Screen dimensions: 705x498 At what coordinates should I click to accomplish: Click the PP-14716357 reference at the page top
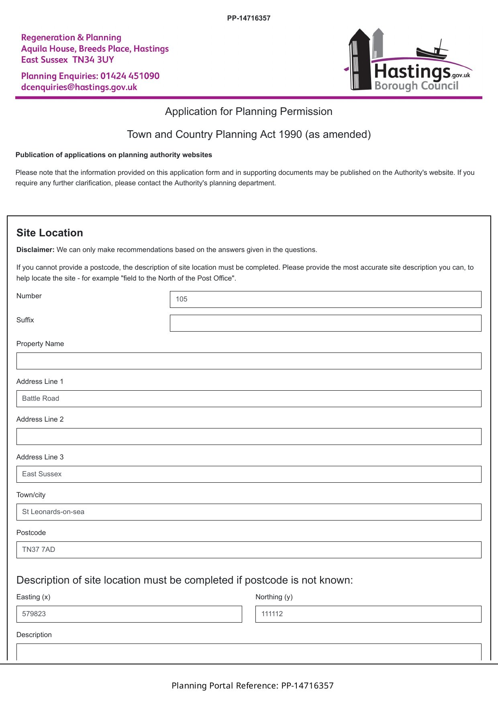click(249, 18)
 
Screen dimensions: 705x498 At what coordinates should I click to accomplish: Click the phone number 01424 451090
click(130, 76)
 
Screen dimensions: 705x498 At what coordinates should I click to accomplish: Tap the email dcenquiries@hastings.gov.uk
click(79, 87)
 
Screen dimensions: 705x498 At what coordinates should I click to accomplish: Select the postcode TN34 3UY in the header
click(93, 60)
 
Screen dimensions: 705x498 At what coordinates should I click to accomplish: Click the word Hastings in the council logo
click(412, 72)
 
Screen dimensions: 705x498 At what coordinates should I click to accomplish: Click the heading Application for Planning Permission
click(249, 112)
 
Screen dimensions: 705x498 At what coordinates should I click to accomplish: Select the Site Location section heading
click(50, 233)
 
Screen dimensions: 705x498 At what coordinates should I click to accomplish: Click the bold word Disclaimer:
click(35, 250)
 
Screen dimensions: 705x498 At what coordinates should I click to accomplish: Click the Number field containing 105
click(325, 299)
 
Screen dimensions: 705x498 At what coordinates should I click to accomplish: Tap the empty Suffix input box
click(325, 323)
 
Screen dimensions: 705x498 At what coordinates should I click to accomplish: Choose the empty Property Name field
click(249, 361)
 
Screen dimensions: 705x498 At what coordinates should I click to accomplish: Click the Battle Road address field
click(249, 399)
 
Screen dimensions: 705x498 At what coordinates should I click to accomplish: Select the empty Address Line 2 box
click(249, 437)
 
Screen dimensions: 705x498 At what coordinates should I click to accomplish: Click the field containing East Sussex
click(249, 474)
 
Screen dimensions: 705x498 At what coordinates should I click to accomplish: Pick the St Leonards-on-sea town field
click(249, 512)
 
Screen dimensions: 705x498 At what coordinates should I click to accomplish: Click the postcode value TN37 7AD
click(39, 550)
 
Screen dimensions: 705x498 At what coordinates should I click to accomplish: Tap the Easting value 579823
click(34, 614)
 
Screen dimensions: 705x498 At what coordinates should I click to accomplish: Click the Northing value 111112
click(272, 614)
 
